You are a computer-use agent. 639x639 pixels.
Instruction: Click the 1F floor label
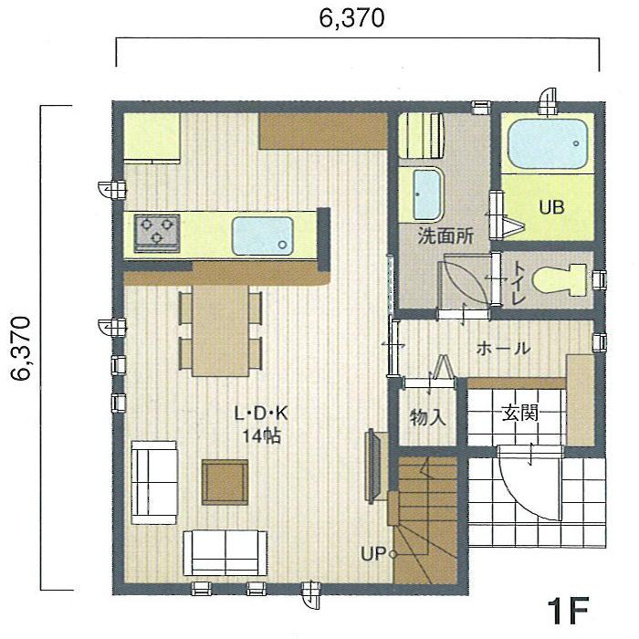point(571,610)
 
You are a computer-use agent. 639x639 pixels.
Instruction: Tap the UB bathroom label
point(550,207)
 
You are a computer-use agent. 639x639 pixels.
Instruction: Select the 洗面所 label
point(445,236)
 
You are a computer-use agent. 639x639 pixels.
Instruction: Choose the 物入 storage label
point(427,418)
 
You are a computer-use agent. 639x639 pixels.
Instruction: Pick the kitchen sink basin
point(262,236)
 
